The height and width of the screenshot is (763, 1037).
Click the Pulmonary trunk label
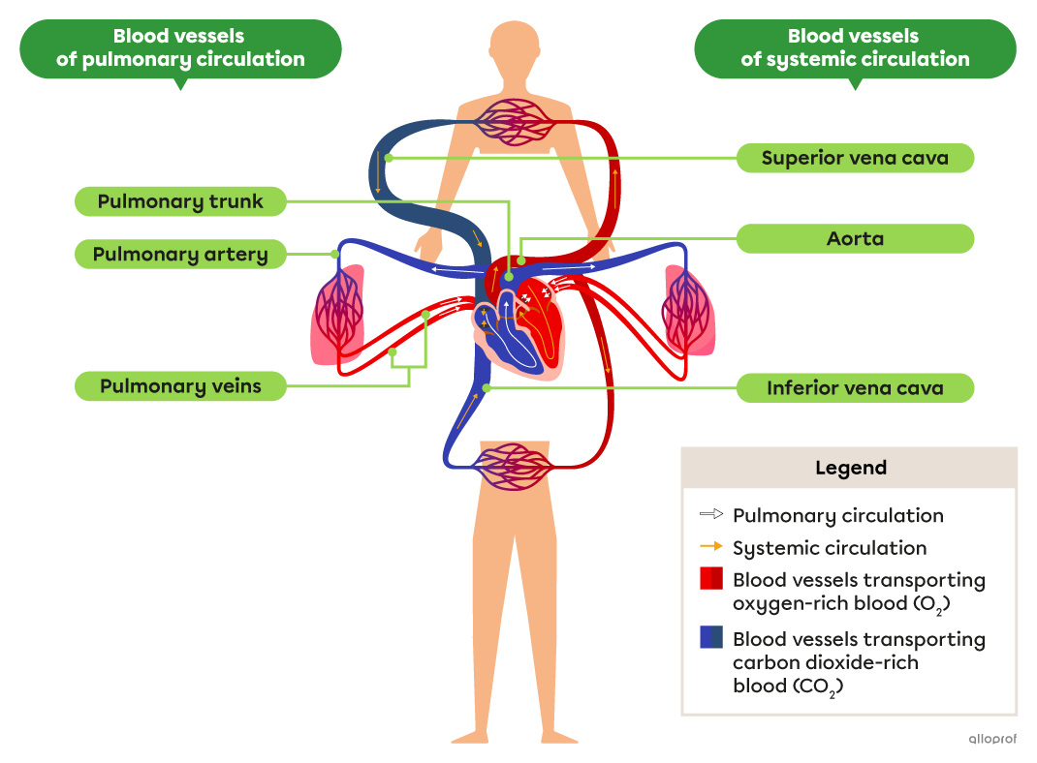pos(181,202)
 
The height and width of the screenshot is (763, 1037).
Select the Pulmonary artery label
pos(181,255)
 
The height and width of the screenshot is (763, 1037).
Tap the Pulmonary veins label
pos(181,386)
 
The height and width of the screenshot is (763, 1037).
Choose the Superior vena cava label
pos(855,158)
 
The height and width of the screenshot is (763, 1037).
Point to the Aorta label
pos(855,238)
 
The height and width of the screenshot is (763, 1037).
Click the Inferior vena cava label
pos(855,388)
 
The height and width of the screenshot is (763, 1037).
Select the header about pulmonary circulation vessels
pos(180,48)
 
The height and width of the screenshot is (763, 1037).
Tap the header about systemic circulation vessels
pos(854,48)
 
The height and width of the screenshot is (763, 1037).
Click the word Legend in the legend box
pos(850,468)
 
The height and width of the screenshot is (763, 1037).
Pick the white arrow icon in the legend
pos(710,515)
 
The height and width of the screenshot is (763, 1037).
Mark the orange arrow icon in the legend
pos(710,547)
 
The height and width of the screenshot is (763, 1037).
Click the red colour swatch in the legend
pos(710,579)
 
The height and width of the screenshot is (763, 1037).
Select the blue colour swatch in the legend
pos(710,637)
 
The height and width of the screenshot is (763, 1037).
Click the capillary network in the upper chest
pos(523,121)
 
